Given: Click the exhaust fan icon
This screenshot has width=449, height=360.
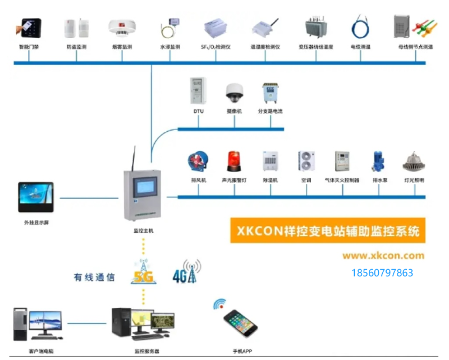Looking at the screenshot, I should click(199, 162).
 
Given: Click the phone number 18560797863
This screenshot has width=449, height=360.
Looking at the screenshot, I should click(382, 273).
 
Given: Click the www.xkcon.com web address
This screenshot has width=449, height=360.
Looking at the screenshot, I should click(383, 256).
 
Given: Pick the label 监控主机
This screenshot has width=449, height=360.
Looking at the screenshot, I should click(143, 231).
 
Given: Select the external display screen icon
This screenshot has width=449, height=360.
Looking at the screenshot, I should click(36, 198).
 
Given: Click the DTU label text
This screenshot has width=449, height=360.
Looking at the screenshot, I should click(199, 112).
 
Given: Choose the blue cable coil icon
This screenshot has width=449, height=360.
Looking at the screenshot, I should click(359, 27).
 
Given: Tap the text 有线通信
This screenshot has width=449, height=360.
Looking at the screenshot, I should click(94, 277).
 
